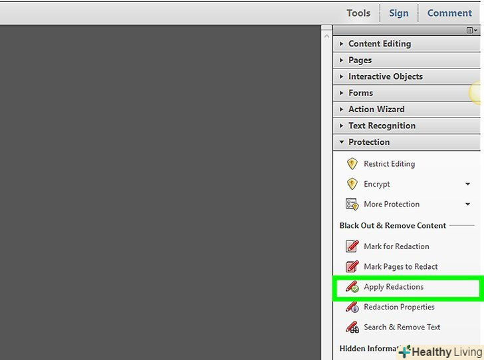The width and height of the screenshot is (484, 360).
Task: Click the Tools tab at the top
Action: [358, 13]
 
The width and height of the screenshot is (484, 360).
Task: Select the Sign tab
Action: [398, 13]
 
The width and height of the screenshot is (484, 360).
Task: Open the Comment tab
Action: [449, 13]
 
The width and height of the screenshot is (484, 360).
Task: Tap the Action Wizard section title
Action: [376, 109]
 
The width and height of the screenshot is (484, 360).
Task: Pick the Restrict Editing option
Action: [389, 164]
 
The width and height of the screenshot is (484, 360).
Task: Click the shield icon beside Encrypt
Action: [352, 184]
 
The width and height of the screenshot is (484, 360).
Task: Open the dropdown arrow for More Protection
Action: [467, 204]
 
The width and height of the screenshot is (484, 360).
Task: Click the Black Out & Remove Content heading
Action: [393, 226]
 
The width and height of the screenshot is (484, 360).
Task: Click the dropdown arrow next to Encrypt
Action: [467, 184]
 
